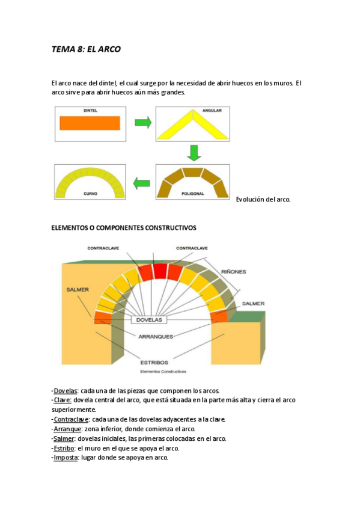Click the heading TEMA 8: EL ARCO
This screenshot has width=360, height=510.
coord(86,49)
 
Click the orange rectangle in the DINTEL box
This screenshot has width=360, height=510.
coord(90,123)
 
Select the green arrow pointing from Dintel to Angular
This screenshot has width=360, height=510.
coord(142,123)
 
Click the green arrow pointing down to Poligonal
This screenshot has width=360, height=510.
coord(192,153)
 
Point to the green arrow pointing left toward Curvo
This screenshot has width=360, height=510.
coord(142,182)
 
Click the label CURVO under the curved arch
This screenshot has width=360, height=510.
coord(90,194)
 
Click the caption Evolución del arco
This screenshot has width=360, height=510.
coord(263,199)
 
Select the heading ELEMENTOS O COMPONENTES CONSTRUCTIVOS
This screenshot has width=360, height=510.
coord(124,228)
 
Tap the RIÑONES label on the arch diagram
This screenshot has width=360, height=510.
coord(233,272)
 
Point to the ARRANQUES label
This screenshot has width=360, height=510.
coord(156,336)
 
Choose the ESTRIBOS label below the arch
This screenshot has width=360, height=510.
coord(154,363)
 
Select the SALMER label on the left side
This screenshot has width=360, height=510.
coord(78,289)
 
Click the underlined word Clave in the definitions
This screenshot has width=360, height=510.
coord(63,400)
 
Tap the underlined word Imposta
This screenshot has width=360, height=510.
coord(66,458)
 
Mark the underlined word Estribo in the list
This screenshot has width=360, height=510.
coord(64,448)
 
